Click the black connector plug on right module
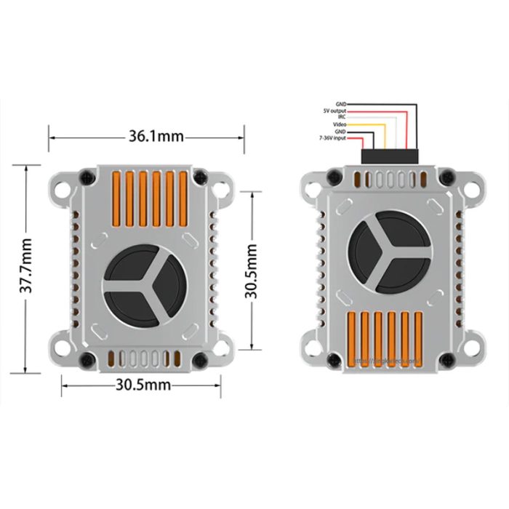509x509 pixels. (x=390, y=156)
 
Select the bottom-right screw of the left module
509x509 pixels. (x=199, y=358)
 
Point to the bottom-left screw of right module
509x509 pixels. (x=334, y=358)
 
